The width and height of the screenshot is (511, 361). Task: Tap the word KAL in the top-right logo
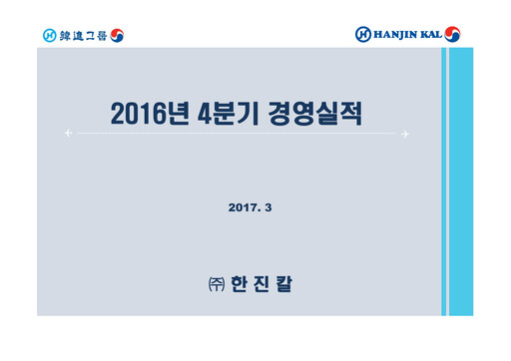click(x=440, y=35)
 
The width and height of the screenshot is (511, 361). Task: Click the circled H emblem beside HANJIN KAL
click(x=363, y=35)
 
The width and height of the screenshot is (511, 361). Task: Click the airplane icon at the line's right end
click(x=406, y=133)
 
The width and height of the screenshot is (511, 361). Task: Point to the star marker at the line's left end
click(x=67, y=133)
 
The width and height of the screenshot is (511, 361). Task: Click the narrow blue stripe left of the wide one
click(x=445, y=180)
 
